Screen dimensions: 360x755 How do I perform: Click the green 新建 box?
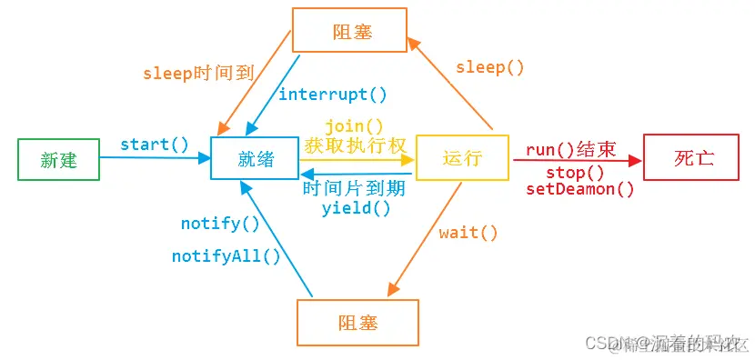click(x=59, y=160)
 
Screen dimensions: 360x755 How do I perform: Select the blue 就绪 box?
click(x=256, y=160)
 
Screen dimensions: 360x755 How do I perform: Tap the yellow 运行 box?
click(x=461, y=158)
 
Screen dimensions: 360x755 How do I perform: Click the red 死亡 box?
click(x=694, y=157)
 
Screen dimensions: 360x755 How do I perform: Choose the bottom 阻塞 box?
click(x=357, y=323)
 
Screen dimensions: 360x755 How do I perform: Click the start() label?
click(x=155, y=145)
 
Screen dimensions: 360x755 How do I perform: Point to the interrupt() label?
click(x=333, y=94)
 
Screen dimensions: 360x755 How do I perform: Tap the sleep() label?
click(x=490, y=67)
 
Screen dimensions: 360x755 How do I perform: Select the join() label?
click(x=353, y=126)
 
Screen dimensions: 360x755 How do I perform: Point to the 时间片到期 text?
click(x=355, y=189)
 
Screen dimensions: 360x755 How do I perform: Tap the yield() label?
click(x=356, y=207)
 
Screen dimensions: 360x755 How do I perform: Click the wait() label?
click(x=468, y=233)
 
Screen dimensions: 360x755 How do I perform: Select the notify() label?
click(x=220, y=223)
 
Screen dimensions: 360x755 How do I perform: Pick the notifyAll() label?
click(x=226, y=256)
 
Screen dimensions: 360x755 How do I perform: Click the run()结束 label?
click(x=571, y=151)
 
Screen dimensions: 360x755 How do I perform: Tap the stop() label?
click(x=575, y=173)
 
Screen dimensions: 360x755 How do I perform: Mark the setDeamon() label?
click(x=580, y=189)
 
